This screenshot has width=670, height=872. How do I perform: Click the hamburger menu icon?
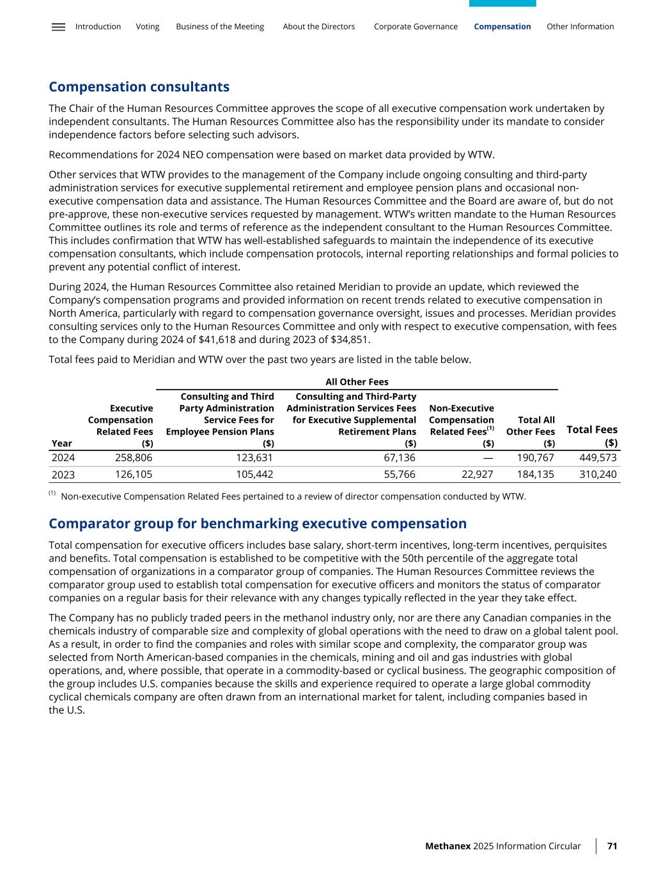(58, 27)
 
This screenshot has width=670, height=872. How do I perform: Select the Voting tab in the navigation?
(148, 27)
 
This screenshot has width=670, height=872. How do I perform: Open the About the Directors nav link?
(318, 27)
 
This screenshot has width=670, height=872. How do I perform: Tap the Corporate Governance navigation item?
(416, 27)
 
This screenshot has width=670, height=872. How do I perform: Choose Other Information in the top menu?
(580, 27)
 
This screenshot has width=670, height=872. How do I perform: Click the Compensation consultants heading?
(139, 87)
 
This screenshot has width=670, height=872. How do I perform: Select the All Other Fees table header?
(357, 382)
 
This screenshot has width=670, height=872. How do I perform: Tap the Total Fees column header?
(592, 436)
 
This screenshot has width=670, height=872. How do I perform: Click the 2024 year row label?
(63, 457)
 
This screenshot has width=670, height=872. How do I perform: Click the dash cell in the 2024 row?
(488, 457)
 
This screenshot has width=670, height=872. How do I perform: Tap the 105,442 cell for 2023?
(254, 475)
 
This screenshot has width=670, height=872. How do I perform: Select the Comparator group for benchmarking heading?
(258, 524)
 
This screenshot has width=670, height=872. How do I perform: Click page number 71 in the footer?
(612, 846)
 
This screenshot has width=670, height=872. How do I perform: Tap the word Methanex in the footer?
(448, 846)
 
